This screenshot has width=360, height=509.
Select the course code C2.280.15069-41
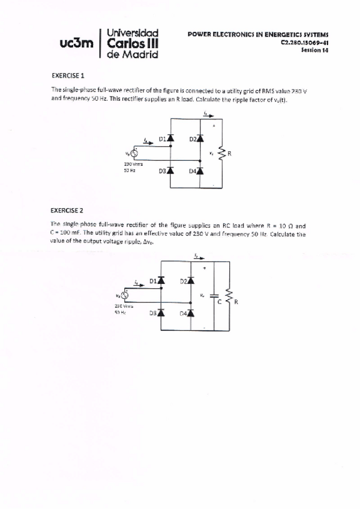tap(304, 43)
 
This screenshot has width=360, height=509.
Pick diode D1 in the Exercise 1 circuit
tap(171, 139)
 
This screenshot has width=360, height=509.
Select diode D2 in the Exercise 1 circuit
tap(200, 139)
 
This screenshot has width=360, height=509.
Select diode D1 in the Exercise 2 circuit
tap(161, 280)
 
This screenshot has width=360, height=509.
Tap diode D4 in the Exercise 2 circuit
tap(191, 313)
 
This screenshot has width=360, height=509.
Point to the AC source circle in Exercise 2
tap(125, 295)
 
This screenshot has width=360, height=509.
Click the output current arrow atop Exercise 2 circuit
tap(197, 257)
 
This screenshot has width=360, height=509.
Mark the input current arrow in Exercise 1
tap(148, 142)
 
